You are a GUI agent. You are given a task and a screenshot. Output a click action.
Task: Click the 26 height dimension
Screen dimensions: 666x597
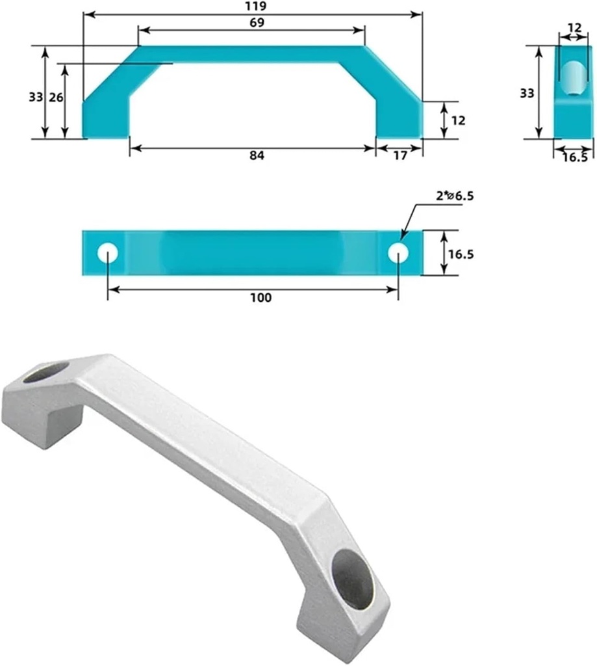[x=57, y=98]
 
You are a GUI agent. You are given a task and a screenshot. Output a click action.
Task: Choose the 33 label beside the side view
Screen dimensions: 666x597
[x=527, y=93]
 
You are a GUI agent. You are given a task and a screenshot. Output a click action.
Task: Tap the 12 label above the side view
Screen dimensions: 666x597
[x=575, y=27]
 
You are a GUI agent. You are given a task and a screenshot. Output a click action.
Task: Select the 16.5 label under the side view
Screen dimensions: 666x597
[x=574, y=157]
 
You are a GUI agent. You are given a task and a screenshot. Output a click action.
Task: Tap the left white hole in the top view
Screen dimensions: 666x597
[x=107, y=253]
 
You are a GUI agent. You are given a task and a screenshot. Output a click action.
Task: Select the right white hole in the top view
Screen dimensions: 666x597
[x=398, y=253]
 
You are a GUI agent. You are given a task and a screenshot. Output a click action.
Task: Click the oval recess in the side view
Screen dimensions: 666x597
[x=573, y=78]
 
